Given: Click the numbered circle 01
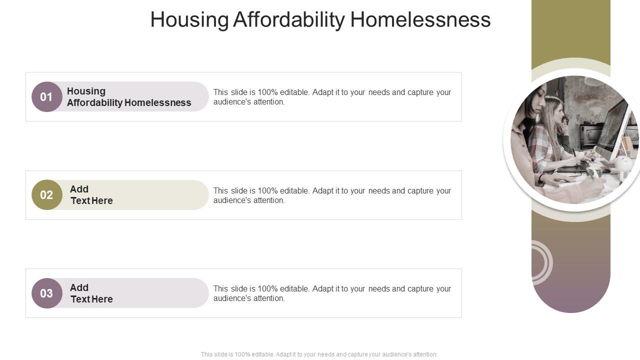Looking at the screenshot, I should (x=46, y=96).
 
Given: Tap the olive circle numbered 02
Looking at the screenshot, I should (x=46, y=195).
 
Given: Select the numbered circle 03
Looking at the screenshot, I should (x=46, y=293).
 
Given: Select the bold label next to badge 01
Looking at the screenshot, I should (x=129, y=97).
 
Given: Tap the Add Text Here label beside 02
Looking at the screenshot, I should (x=91, y=195).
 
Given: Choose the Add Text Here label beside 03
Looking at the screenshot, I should (x=91, y=293).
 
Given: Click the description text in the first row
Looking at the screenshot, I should (x=332, y=97).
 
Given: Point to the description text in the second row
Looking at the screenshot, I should (x=332, y=195).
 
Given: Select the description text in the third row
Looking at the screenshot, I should (x=332, y=293).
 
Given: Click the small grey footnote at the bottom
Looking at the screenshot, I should (x=319, y=354).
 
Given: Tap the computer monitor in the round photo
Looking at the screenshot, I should (x=612, y=129).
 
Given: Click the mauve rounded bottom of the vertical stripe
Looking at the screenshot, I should (x=570, y=295).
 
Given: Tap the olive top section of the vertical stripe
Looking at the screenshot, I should (x=570, y=30).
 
